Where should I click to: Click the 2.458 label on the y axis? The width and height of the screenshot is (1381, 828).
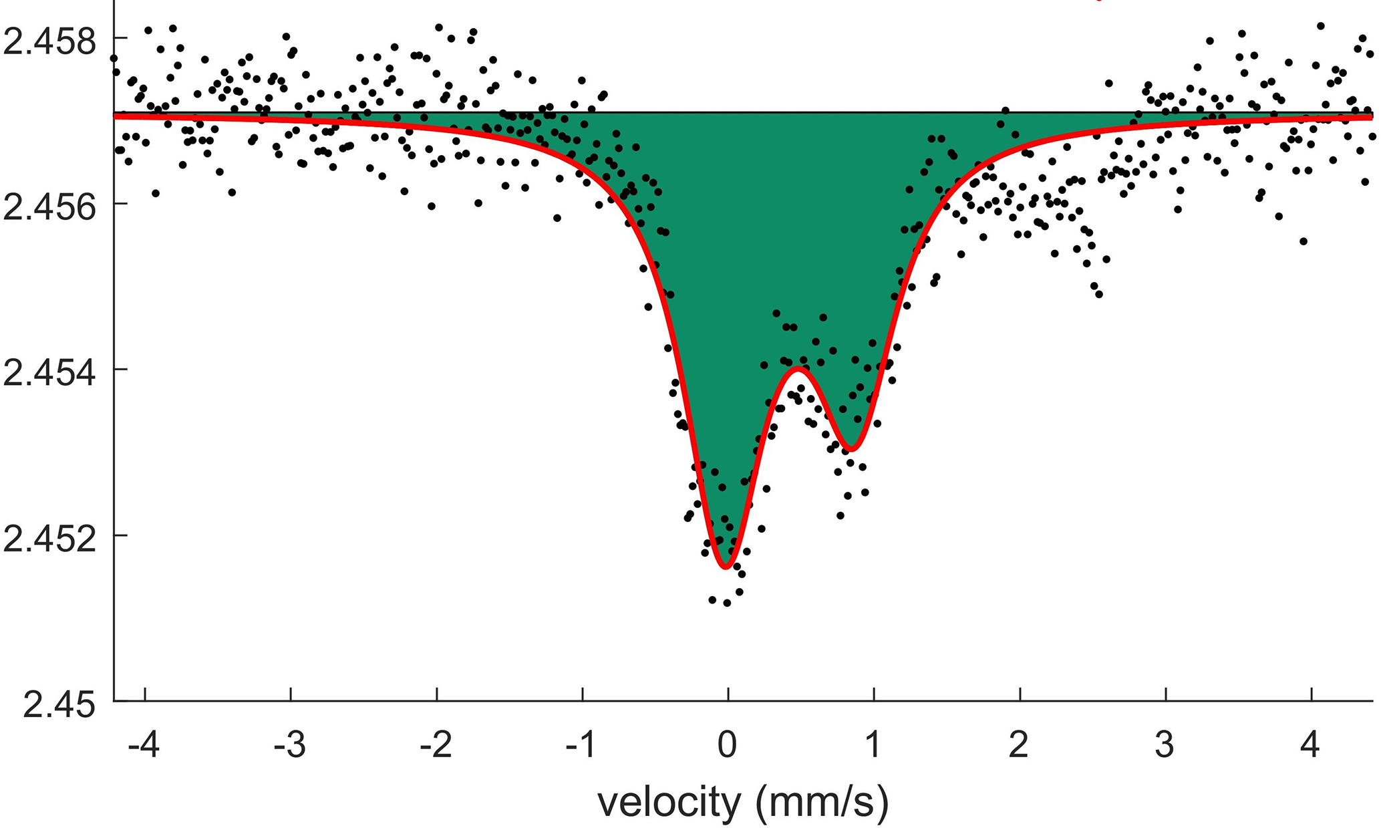pos(50,41)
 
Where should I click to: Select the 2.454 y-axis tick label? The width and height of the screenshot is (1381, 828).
pos(50,373)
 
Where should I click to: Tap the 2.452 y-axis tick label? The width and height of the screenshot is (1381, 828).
pos(50,539)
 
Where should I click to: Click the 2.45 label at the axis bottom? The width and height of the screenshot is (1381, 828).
pos(59,705)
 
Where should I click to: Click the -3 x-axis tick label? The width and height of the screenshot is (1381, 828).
pos(289,744)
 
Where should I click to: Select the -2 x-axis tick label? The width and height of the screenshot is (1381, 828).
pos(435,744)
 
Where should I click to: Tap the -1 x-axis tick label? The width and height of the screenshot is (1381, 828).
pos(581,744)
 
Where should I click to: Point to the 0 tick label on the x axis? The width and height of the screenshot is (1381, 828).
pos(728,744)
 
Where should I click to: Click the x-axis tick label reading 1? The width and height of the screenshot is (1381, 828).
pos(873,744)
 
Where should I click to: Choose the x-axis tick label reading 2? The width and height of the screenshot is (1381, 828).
pos(1019,744)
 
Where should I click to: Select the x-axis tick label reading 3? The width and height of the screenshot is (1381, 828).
pos(1165,744)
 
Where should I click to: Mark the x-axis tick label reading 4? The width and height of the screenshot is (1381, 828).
pos(1311,744)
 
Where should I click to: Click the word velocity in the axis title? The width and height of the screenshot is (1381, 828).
pos(669,802)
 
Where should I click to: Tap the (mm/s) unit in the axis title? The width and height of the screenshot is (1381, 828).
pos(823,802)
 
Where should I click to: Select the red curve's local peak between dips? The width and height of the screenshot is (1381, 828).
pos(798,368)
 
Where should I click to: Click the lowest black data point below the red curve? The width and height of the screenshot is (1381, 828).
pos(727,603)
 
